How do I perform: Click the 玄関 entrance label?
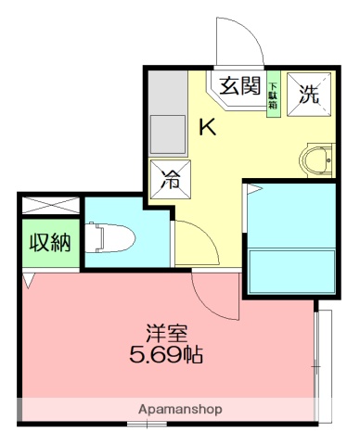click(239, 86)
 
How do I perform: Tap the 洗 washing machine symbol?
click(308, 94)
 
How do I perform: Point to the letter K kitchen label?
click(209, 128)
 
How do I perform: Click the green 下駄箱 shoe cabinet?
click(274, 95)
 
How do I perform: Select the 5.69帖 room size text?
click(167, 354)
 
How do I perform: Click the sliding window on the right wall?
click(323, 362)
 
